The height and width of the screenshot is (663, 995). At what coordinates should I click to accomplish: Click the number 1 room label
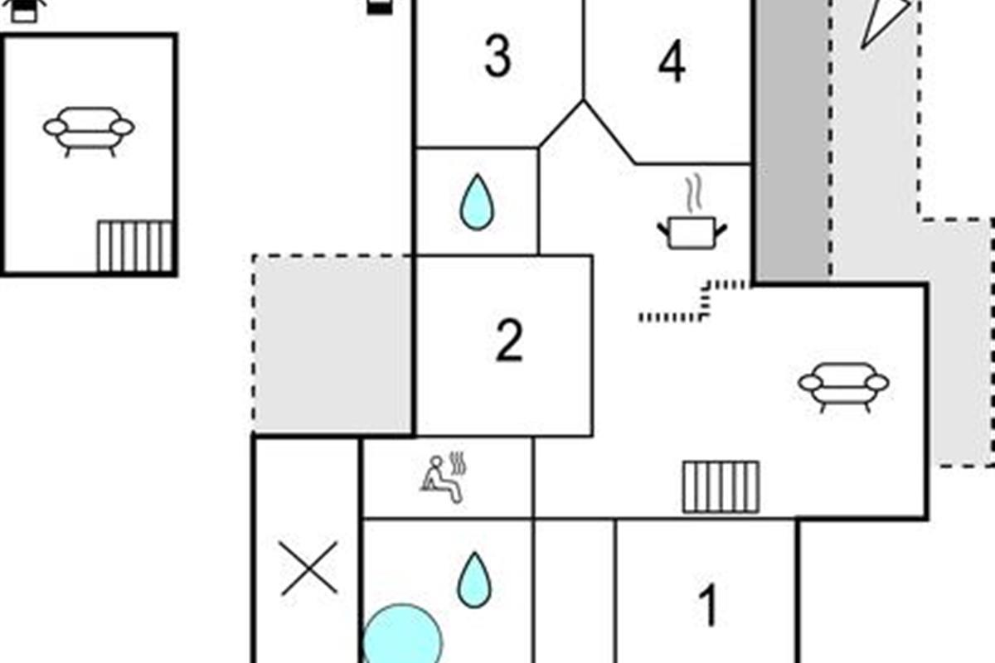tap(707, 606)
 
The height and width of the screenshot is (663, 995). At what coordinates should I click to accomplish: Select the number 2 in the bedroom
tap(509, 341)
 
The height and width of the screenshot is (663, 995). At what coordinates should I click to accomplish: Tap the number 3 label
tap(498, 56)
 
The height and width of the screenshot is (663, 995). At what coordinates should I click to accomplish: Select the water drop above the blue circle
tap(474, 579)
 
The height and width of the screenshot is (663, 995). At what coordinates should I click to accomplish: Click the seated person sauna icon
tap(444, 478)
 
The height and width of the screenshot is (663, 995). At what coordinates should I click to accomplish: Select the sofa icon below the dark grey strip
tap(843, 385)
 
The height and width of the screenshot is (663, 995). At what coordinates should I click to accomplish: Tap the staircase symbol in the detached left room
tap(135, 246)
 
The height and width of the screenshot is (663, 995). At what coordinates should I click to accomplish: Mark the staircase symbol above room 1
tap(721, 486)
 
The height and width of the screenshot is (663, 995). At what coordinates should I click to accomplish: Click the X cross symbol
tap(309, 569)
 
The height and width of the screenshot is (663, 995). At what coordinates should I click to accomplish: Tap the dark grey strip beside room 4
tap(792, 141)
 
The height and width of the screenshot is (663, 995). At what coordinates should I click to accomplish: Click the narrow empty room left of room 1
tap(574, 590)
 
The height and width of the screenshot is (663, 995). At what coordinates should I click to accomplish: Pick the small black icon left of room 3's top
tap(379, 7)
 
